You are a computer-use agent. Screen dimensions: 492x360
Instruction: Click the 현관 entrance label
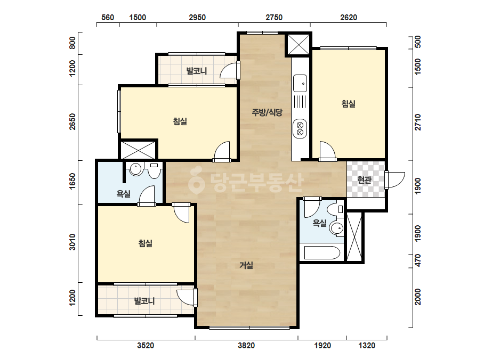click(x=364, y=180)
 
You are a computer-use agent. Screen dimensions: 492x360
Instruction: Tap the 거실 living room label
click(x=246, y=265)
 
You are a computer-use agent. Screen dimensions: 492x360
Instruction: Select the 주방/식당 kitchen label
click(x=267, y=112)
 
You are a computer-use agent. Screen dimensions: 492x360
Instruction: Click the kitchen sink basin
click(x=300, y=83)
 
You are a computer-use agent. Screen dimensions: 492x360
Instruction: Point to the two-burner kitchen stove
click(x=300, y=128)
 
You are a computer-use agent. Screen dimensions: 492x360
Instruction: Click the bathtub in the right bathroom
click(x=322, y=253)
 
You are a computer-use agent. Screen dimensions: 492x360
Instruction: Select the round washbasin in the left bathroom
click(x=135, y=169)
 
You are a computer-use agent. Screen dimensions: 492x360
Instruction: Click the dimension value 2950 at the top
click(x=197, y=18)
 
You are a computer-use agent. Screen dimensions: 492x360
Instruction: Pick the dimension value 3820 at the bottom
click(x=246, y=346)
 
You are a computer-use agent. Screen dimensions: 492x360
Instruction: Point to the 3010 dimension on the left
click(x=72, y=242)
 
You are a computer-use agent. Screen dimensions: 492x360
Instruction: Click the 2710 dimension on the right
click(x=417, y=122)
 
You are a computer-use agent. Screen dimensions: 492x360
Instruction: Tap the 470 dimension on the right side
click(x=417, y=261)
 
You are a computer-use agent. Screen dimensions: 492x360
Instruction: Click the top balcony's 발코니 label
click(x=197, y=71)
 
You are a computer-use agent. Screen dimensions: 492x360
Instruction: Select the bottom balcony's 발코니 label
click(x=144, y=301)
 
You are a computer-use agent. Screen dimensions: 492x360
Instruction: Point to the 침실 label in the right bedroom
click(x=348, y=103)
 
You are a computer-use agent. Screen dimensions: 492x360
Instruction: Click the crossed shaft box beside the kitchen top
click(x=299, y=44)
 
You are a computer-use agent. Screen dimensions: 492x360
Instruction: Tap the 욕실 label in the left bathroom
click(x=123, y=194)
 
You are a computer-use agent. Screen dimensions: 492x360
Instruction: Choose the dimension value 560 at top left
click(x=107, y=18)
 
